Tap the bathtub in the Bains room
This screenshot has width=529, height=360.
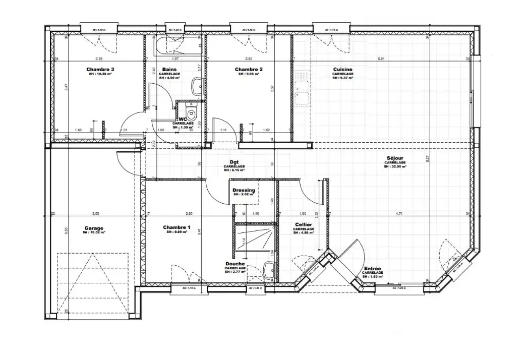click(x=180, y=46)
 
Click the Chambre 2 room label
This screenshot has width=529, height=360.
click(x=249, y=70)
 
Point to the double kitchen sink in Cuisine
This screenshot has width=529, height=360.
click(x=302, y=89)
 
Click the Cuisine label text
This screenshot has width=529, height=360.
click(x=342, y=70)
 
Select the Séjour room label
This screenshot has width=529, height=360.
click(x=395, y=158)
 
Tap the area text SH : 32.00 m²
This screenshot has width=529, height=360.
click(x=395, y=166)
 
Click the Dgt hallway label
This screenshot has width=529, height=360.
click(x=234, y=162)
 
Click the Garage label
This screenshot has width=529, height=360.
click(x=94, y=228)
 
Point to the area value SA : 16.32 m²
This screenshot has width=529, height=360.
click(x=94, y=233)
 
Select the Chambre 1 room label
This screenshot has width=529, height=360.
click(x=177, y=228)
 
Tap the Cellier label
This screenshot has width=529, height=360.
click(x=303, y=224)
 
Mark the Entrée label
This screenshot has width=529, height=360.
click(x=372, y=269)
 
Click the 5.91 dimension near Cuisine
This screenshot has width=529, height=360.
click(x=381, y=59)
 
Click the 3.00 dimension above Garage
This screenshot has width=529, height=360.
click(x=96, y=214)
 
